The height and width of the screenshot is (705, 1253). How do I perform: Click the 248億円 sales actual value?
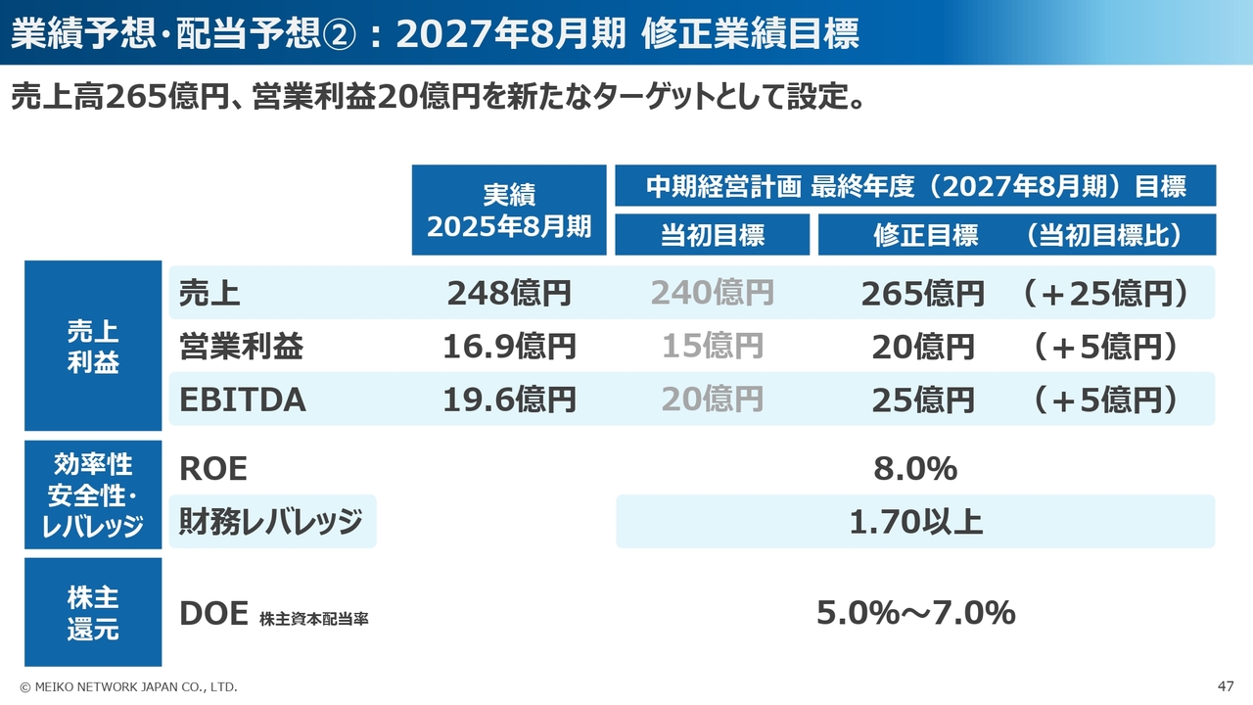[x=509, y=293]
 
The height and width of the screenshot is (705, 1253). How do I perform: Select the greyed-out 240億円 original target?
[x=712, y=293]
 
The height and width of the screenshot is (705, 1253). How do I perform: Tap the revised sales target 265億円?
[x=923, y=294]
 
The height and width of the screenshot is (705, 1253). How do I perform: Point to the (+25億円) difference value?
[x=1104, y=294]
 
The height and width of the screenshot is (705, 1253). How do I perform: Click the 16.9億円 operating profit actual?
[x=509, y=347]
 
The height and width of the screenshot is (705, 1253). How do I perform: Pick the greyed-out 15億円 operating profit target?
[x=712, y=346]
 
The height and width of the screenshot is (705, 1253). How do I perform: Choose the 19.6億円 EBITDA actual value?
[x=509, y=399]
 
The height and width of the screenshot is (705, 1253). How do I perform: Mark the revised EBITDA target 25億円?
[x=923, y=399]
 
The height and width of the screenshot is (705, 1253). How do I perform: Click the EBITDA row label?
[x=243, y=399]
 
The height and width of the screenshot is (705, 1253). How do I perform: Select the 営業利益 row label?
[x=242, y=347]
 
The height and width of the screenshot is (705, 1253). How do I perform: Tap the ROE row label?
[x=213, y=469]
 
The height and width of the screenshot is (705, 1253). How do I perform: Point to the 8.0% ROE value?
[x=914, y=469]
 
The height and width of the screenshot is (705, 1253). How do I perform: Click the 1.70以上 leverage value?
[x=915, y=522]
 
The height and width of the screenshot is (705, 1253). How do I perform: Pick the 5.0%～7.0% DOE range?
[x=915, y=613]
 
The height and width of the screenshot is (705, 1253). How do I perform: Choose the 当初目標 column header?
[x=712, y=236]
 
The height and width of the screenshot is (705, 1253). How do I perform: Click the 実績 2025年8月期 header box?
[x=509, y=211]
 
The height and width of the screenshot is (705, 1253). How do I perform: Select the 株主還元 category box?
[x=93, y=613]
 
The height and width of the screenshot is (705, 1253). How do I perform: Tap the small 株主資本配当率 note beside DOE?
[x=314, y=619]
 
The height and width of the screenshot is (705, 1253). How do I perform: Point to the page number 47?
[x=1225, y=685]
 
